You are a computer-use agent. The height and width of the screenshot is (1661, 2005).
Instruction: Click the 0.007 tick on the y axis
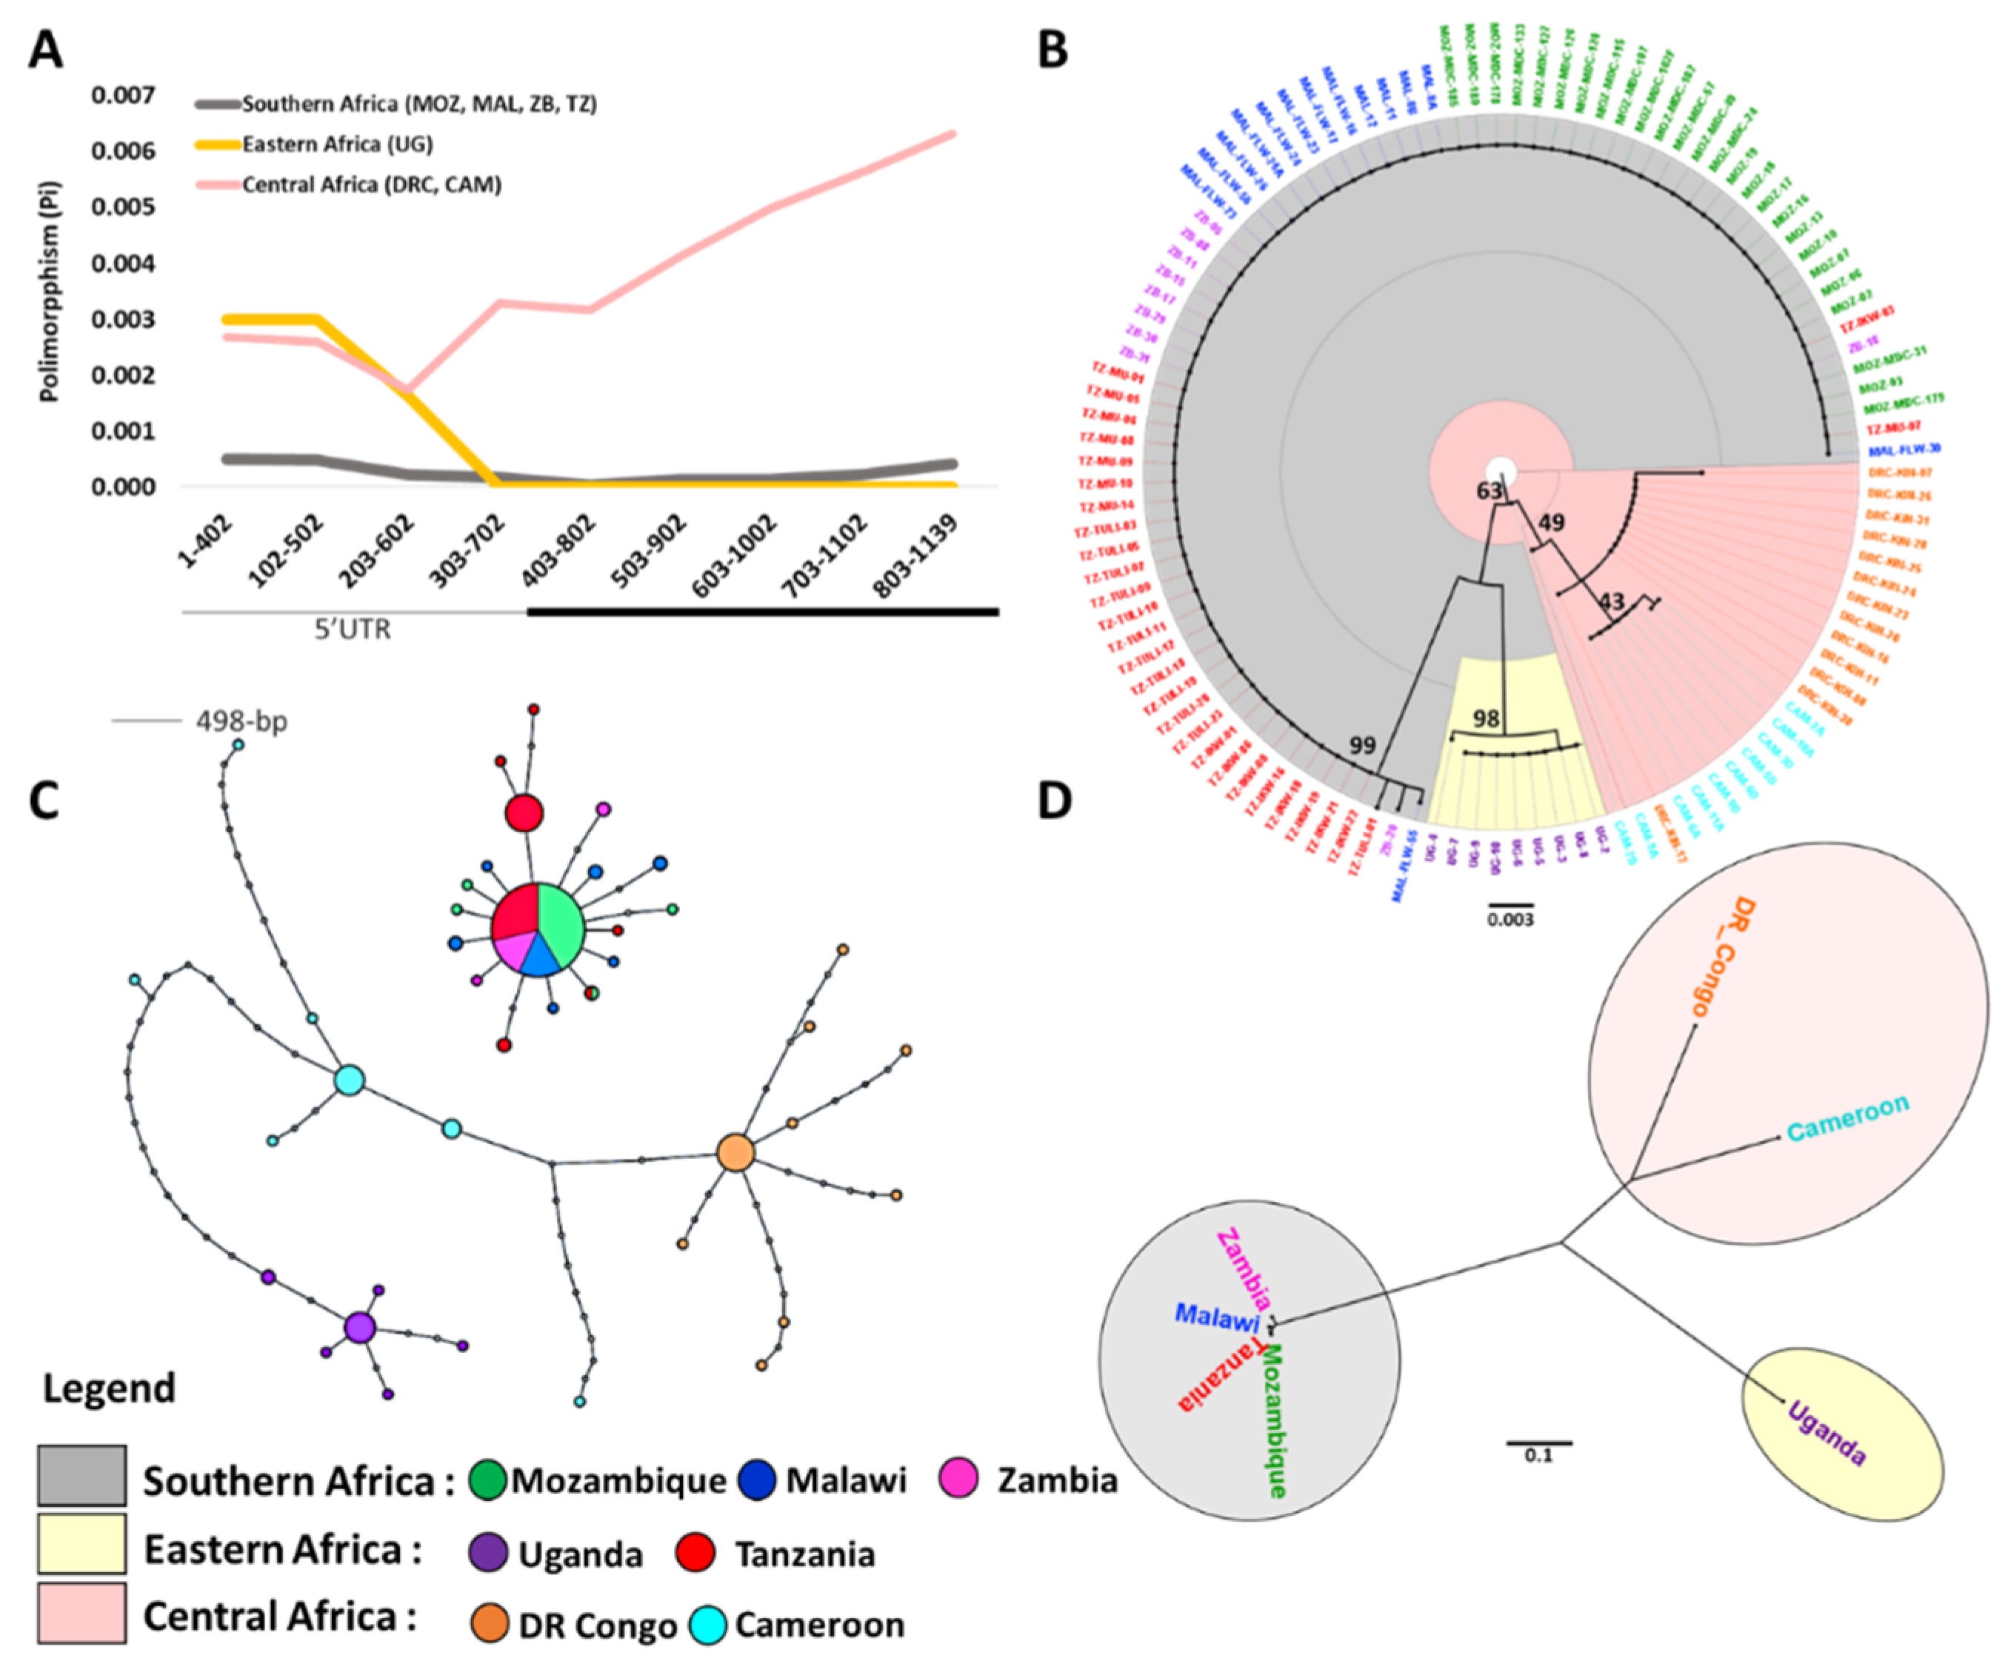(x=122, y=96)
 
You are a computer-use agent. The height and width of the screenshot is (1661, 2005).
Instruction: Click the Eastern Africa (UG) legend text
(x=337, y=144)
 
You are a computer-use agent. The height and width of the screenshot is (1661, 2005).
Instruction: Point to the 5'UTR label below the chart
(x=353, y=630)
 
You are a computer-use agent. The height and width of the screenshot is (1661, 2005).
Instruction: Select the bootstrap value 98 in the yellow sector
(x=1487, y=719)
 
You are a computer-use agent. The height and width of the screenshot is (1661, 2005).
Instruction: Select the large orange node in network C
(x=735, y=1153)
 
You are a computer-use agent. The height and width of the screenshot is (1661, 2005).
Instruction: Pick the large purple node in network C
(x=359, y=1327)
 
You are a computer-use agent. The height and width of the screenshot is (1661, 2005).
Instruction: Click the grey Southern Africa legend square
(x=82, y=1475)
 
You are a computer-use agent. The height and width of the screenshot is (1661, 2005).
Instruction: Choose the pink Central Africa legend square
(x=82, y=1614)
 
